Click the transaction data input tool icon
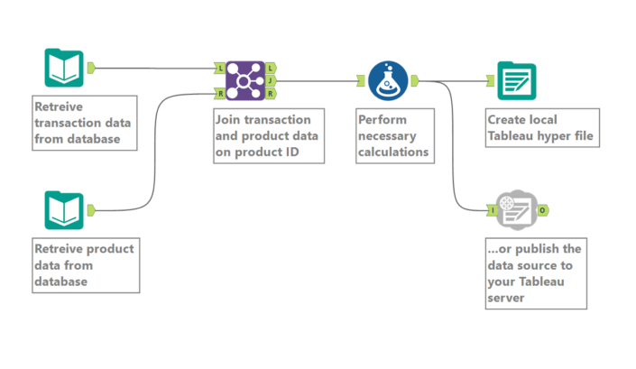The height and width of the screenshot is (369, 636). pyautogui.click(x=64, y=68)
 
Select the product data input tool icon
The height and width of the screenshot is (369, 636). pyautogui.click(x=64, y=209)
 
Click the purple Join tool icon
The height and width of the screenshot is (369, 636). pyautogui.click(x=244, y=80)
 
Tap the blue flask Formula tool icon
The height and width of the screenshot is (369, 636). pyautogui.click(x=388, y=80)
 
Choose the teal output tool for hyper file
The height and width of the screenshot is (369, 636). pyautogui.click(x=516, y=80)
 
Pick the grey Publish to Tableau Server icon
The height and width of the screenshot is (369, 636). pyautogui.click(x=516, y=209)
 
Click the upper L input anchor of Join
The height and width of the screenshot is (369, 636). pyautogui.click(x=221, y=68)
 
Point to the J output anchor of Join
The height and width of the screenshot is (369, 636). pyautogui.click(x=271, y=80)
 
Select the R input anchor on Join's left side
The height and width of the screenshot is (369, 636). pyautogui.click(x=221, y=92)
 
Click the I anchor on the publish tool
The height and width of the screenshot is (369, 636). pyautogui.click(x=493, y=209)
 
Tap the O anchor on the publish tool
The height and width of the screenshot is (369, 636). pyautogui.click(x=541, y=209)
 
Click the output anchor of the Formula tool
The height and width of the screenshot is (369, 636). pyautogui.click(x=414, y=80)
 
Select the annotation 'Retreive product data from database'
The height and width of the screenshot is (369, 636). pyautogui.click(x=85, y=263)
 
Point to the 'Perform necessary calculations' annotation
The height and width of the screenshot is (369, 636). pyautogui.click(x=393, y=136)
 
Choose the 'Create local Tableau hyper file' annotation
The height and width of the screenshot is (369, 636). pyautogui.click(x=540, y=128)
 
